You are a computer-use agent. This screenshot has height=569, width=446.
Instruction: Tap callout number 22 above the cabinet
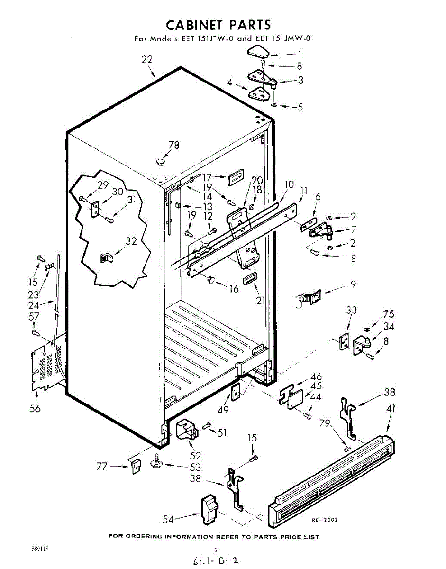click(147, 59)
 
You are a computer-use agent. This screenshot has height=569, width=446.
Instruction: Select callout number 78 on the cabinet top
click(174, 146)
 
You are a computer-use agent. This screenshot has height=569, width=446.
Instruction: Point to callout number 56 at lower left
click(35, 409)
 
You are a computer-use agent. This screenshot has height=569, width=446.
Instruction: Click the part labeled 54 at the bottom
click(209, 509)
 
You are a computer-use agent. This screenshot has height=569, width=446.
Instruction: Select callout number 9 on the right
click(353, 284)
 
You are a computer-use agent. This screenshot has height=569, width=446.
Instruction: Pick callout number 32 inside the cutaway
click(131, 241)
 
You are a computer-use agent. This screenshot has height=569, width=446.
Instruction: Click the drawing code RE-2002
click(324, 520)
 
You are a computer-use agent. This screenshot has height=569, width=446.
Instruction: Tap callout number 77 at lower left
click(102, 467)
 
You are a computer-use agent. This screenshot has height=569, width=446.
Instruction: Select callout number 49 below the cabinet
click(222, 410)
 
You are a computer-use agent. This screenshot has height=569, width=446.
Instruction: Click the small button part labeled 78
click(161, 162)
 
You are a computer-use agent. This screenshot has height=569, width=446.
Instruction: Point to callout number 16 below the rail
click(234, 288)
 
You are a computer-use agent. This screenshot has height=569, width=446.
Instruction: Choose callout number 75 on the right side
click(388, 314)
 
